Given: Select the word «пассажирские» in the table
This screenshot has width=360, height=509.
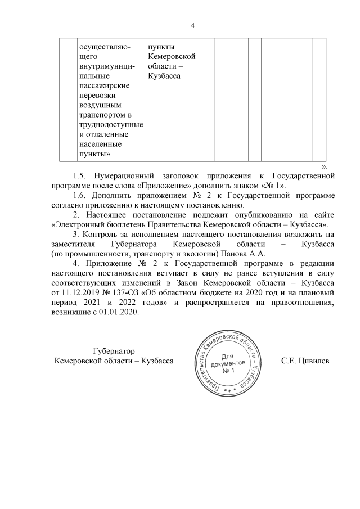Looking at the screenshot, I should [x=105, y=85].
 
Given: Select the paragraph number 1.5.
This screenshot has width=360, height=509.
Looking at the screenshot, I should [x=81, y=176].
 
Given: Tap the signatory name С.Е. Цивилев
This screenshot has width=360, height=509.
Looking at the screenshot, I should [x=305, y=360].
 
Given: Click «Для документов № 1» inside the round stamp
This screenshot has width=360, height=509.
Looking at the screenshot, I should [x=228, y=364].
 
